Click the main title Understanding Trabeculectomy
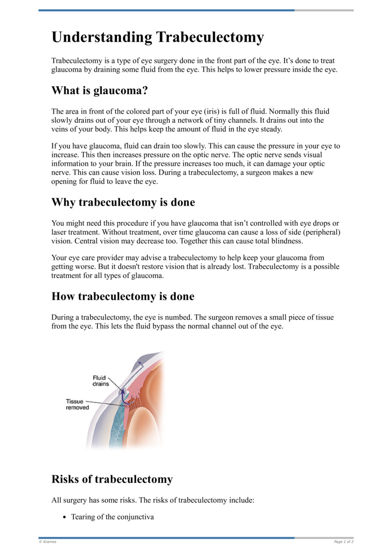[157, 38]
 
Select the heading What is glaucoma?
[99, 91]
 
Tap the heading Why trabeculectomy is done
[123, 202]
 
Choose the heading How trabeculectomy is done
[122, 296]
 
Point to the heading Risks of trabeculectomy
[112, 479]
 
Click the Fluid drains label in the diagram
[100, 381]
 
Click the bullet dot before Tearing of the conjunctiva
[64, 517]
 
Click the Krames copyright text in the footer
[48, 542]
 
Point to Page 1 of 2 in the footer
[343, 542]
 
